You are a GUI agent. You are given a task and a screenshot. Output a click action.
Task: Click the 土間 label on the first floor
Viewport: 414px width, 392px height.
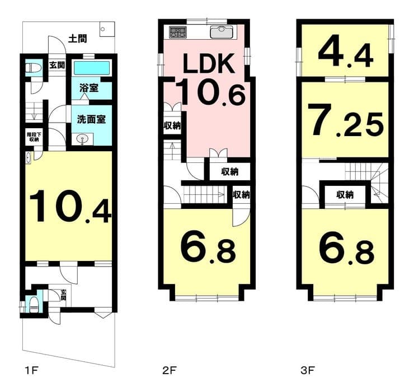point(77,39)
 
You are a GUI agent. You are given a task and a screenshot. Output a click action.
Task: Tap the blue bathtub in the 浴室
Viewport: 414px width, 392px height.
point(92,68)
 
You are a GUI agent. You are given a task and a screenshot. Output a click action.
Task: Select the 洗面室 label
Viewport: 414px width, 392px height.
point(91,119)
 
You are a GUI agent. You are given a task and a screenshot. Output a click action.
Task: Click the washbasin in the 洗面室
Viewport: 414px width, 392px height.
point(83,139)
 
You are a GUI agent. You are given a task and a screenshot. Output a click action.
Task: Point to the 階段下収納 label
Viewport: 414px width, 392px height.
point(34,137)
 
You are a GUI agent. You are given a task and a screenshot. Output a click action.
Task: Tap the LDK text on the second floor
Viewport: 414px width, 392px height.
point(209,63)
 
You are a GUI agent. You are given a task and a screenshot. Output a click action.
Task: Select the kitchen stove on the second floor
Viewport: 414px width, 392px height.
point(178,32)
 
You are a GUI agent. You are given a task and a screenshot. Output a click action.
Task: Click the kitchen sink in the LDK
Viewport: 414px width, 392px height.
point(222,32)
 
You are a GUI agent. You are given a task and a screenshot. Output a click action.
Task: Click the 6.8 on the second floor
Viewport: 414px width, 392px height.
point(208,250)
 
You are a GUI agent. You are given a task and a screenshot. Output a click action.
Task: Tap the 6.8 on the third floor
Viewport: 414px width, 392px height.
point(346,250)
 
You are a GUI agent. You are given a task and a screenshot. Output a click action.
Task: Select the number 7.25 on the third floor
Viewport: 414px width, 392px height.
point(347,120)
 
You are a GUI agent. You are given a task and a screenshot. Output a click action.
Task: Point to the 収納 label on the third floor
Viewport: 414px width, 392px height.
point(345,195)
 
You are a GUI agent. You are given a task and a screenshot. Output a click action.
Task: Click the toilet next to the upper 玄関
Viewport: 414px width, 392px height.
point(34,68)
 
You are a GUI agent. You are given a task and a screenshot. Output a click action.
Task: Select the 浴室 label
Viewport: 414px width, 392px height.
point(89,88)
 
